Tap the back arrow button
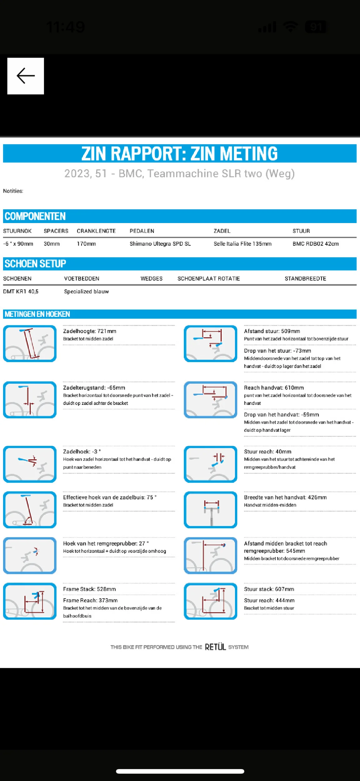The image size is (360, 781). (x=26, y=76)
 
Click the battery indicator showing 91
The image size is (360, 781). (x=316, y=27)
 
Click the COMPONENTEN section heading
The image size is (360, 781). (x=35, y=216)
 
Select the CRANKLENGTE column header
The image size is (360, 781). (x=96, y=231)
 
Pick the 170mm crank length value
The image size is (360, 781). (x=86, y=244)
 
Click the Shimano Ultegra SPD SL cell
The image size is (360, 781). (x=160, y=244)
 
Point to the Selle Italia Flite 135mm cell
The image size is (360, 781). (x=243, y=244)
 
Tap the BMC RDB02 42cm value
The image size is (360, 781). (x=315, y=244)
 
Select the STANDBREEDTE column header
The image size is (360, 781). (x=305, y=278)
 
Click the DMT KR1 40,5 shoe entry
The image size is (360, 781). (x=21, y=291)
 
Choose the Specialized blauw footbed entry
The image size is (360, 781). (x=86, y=291)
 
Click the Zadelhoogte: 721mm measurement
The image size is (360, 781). (x=90, y=331)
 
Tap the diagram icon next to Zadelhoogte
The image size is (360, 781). (x=30, y=343)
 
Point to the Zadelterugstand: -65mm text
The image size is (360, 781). (x=94, y=388)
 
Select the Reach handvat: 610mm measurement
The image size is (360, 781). (x=274, y=388)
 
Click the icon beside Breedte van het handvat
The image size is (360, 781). (x=210, y=510)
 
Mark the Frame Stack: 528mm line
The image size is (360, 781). (x=89, y=589)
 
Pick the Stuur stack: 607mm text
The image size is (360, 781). (x=269, y=589)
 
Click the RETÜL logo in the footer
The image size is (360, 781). (x=215, y=647)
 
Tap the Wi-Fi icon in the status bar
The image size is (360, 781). (x=291, y=27)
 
